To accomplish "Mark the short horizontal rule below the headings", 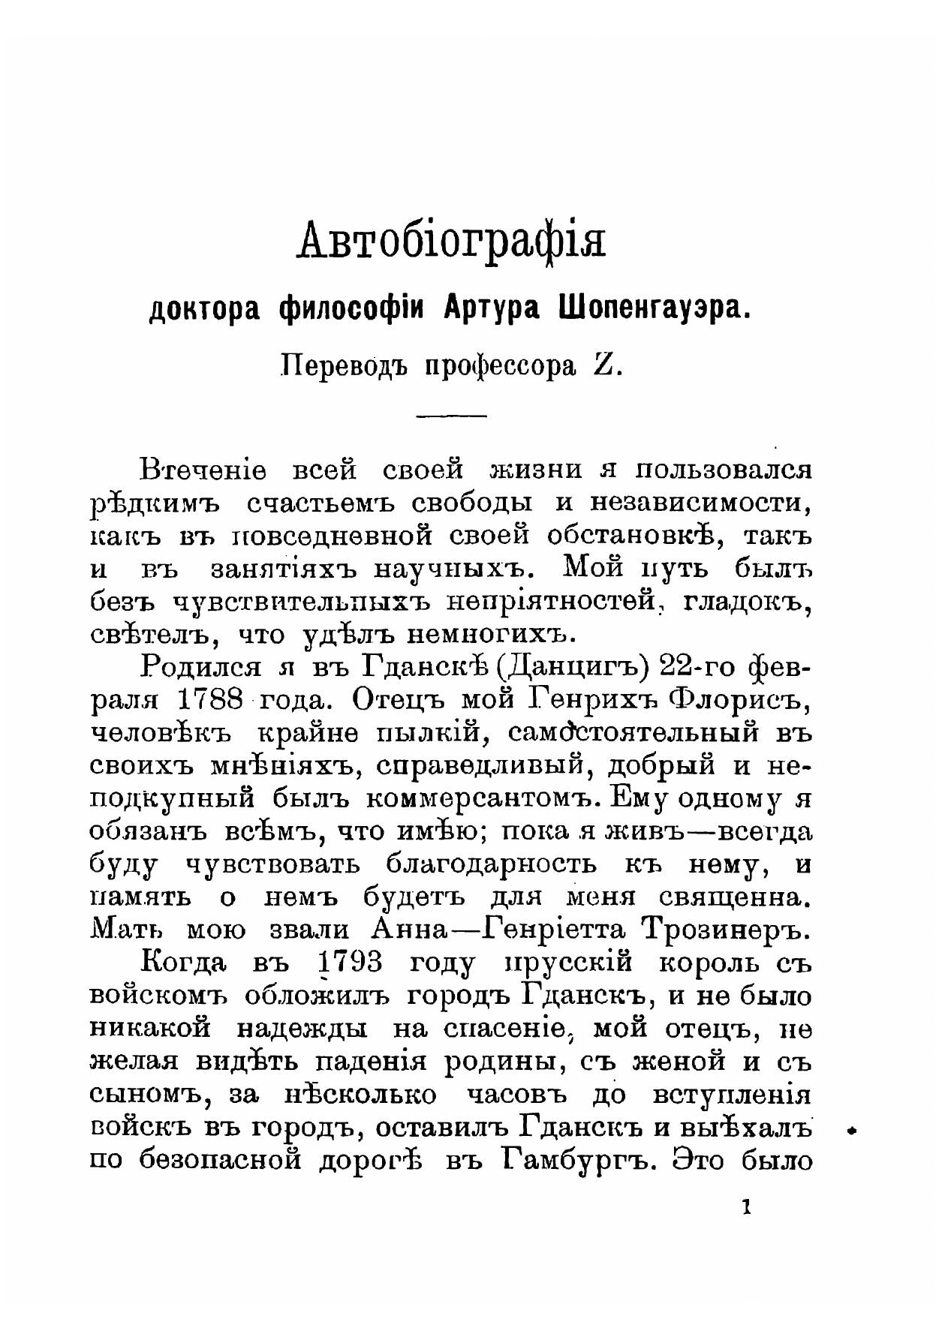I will [450, 415].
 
